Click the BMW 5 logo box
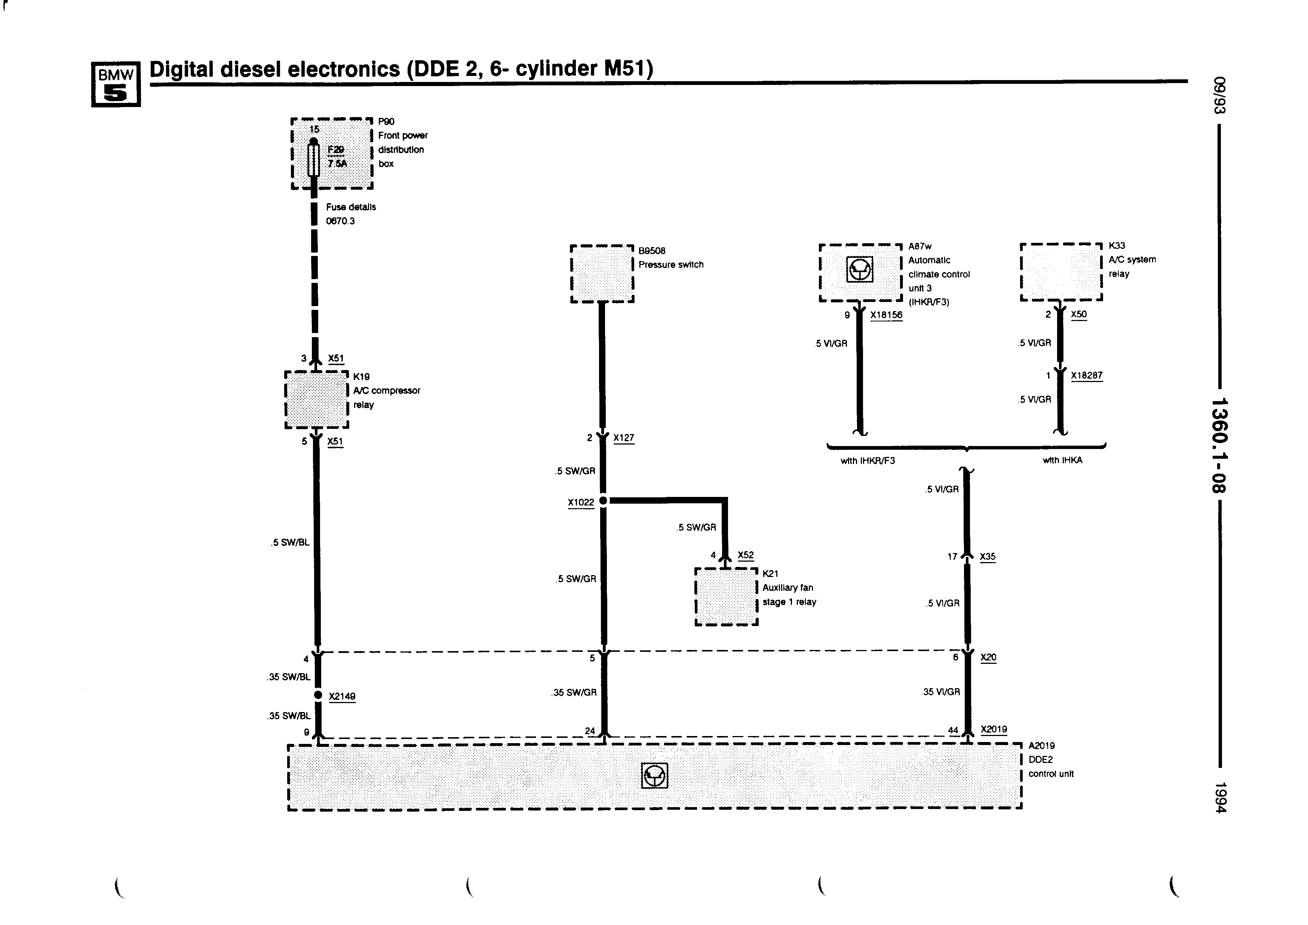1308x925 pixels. tap(116, 84)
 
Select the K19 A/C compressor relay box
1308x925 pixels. tap(317, 400)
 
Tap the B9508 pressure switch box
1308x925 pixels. tap(602, 274)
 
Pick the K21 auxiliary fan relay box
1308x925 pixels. tap(726, 597)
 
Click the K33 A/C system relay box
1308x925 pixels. tap(1061, 272)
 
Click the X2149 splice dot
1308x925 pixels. tap(319, 695)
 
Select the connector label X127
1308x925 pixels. tap(624, 438)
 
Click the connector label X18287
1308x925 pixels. tap(1086, 376)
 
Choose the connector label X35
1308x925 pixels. tap(988, 556)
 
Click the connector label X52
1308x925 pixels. tap(745, 555)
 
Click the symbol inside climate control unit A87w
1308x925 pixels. tap(860, 269)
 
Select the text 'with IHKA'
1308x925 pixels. tap(1062, 460)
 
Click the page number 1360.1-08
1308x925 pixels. tap(1219, 445)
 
